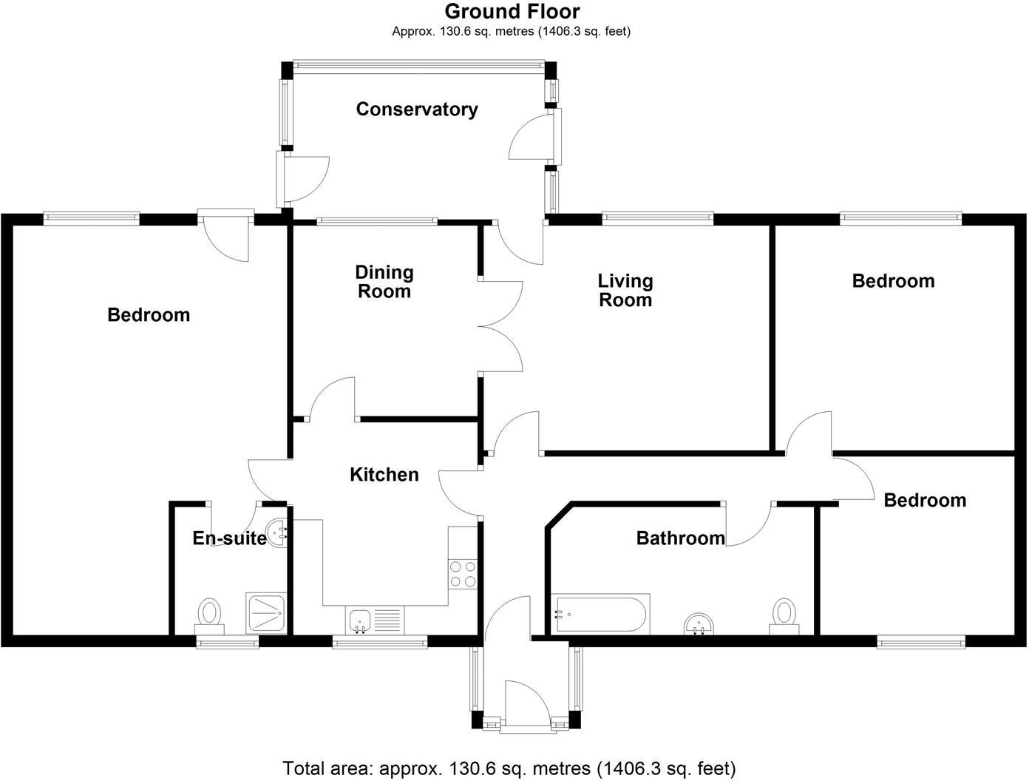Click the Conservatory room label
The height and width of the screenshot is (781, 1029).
coord(417,109)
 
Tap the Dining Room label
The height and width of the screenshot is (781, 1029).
coord(384,282)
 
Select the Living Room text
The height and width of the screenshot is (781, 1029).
coord(625,290)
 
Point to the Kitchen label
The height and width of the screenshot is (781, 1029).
coord(384,475)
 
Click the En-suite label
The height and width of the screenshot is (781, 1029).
coord(229,538)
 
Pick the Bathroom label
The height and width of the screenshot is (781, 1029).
coord(680,538)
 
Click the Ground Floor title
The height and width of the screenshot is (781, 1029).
coord(512,11)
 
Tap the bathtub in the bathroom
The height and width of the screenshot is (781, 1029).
coord(602,613)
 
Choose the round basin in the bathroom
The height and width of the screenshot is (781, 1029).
coord(699,624)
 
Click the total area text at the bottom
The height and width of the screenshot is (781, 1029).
coord(509,768)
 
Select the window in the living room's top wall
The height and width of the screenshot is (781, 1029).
coord(657,217)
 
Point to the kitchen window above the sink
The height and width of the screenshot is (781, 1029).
coord(380,642)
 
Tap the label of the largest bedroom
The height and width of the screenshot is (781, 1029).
coord(149,315)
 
